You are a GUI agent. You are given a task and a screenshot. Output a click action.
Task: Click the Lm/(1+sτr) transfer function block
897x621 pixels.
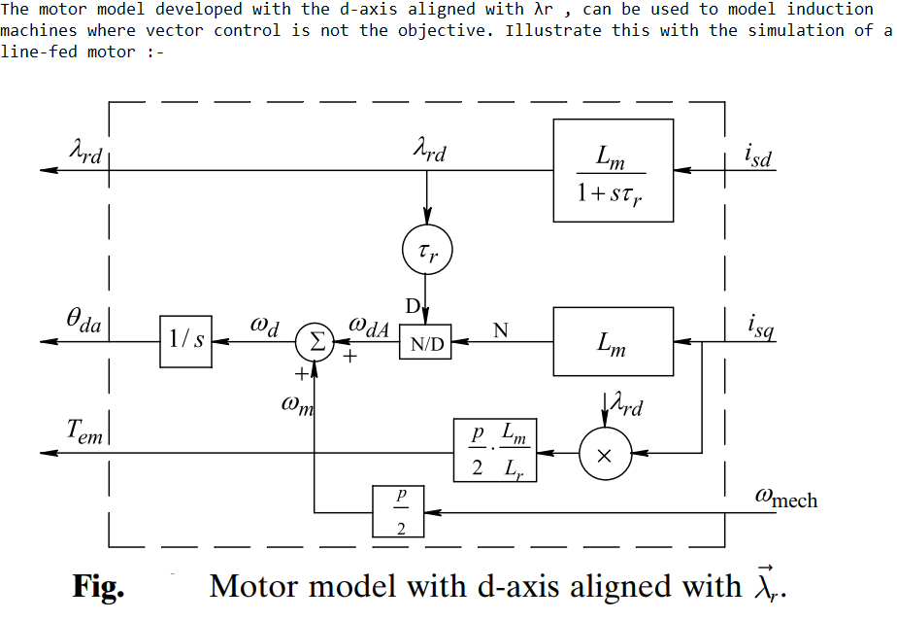(613, 170)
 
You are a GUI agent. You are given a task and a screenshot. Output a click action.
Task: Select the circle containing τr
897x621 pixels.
(426, 253)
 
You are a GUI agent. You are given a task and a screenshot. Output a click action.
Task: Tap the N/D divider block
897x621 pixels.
(425, 342)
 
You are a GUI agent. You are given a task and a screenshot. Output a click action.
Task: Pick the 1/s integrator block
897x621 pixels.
(185, 341)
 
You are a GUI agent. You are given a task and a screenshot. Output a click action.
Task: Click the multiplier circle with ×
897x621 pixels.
(605, 454)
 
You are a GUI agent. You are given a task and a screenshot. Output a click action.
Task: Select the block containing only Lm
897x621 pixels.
(613, 341)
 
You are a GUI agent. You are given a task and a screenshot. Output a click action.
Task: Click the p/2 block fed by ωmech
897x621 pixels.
(400, 511)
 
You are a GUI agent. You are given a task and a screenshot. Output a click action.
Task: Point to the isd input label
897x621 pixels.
(757, 155)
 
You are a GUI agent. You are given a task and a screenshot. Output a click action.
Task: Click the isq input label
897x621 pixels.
(760, 328)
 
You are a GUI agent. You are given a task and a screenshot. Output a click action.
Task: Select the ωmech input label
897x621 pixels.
(785, 499)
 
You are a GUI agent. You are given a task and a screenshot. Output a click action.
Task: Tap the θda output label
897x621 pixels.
(83, 321)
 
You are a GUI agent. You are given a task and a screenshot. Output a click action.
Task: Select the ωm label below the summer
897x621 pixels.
(297, 405)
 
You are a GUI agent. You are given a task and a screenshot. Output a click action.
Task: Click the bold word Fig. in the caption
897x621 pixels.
(98, 586)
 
